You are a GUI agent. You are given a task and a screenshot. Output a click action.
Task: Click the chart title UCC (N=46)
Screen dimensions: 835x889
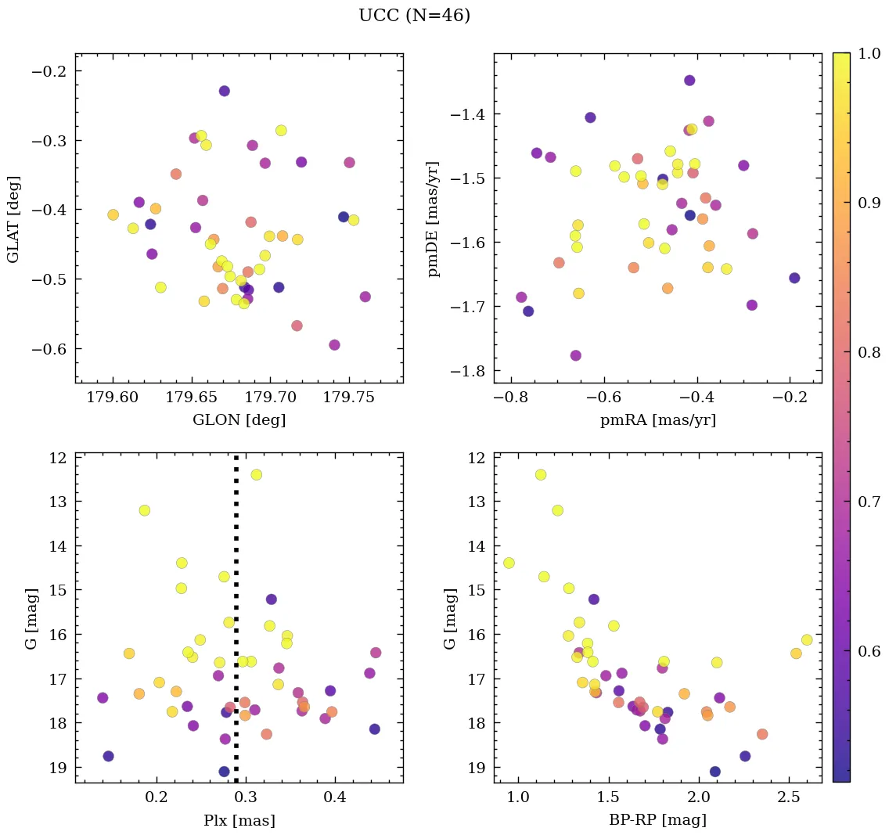tap(414, 16)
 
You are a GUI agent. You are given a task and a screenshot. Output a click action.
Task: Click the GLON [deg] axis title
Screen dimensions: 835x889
tap(239, 420)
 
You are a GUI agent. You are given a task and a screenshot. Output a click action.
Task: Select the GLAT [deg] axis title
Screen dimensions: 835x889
tap(13, 218)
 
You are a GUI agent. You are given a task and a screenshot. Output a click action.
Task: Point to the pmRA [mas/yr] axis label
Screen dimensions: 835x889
tap(657, 420)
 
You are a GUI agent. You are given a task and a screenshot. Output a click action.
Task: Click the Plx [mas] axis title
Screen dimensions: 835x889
tap(239, 820)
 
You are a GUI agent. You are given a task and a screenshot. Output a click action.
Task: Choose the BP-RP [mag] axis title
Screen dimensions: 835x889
tap(657, 820)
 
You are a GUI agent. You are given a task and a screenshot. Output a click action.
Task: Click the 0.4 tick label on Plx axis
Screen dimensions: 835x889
tap(336, 799)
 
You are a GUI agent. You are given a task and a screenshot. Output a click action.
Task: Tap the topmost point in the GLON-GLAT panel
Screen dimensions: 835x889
tap(224, 91)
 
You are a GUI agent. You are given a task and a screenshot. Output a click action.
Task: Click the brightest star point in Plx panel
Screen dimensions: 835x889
tap(256, 474)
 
